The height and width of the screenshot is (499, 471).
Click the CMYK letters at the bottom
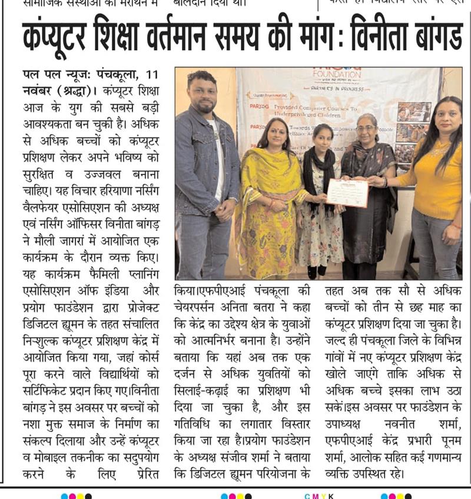click(x=319, y=495)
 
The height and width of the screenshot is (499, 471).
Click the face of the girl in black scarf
click(x=319, y=134)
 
